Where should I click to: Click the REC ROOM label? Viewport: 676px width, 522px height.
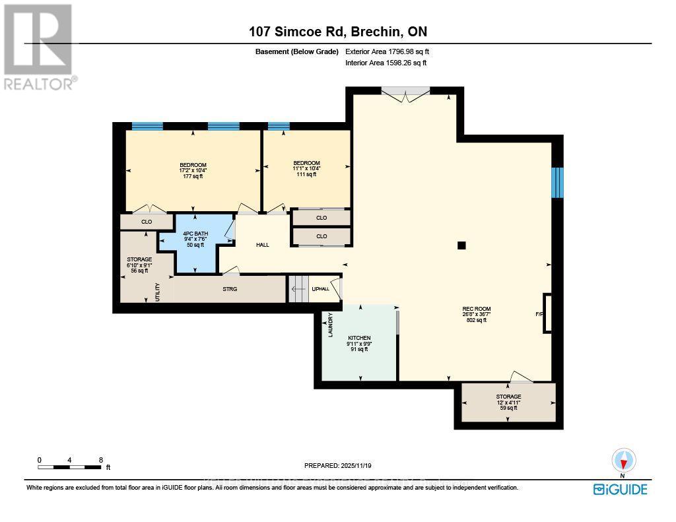(477, 309)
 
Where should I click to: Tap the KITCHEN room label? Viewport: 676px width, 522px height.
(360, 338)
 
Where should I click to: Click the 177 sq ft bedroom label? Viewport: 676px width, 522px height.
(193, 165)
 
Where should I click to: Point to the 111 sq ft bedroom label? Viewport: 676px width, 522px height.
(306, 163)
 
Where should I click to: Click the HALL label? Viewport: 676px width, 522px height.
(263, 245)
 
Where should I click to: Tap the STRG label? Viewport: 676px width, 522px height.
(230, 288)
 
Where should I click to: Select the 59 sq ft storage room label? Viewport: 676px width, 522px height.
(508, 397)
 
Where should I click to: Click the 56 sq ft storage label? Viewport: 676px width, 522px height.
(139, 259)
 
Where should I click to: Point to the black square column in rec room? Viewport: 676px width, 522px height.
(461, 245)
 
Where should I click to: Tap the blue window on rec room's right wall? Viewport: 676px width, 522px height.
(558, 182)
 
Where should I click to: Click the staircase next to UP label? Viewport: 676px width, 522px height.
(298, 289)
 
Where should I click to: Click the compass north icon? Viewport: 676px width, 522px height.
(623, 461)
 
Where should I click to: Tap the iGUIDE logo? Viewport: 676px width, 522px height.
(620, 489)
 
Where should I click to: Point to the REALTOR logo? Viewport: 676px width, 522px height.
(38, 46)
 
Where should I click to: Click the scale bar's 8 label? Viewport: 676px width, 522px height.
(100, 459)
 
